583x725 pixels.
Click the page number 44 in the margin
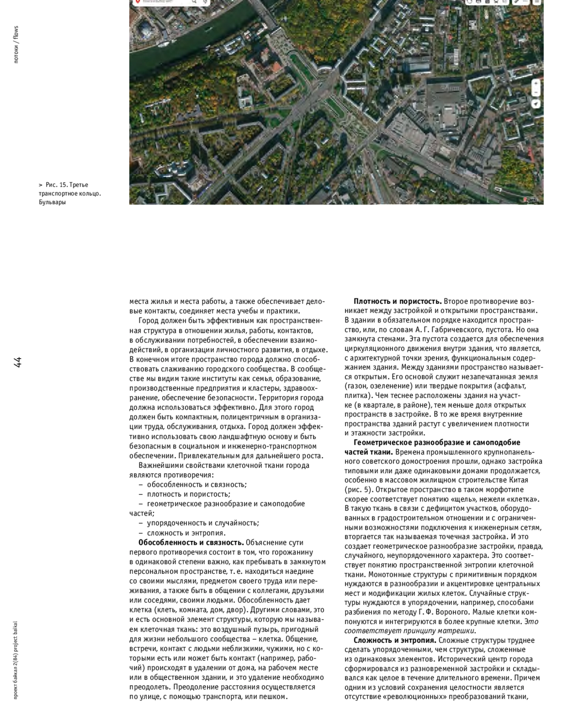tap(18, 362)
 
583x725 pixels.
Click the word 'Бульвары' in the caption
tap(52, 202)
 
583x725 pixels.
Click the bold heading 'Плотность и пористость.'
tap(397, 301)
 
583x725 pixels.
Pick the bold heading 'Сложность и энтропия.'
tap(394, 640)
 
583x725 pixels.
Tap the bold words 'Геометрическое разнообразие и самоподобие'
tap(437, 442)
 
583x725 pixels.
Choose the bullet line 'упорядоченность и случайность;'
tap(203, 523)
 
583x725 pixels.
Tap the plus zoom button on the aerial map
tap(536, 84)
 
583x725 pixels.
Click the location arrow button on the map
tap(536, 104)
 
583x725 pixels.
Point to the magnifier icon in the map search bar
tap(194, 2)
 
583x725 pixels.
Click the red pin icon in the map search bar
tap(137, 2)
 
